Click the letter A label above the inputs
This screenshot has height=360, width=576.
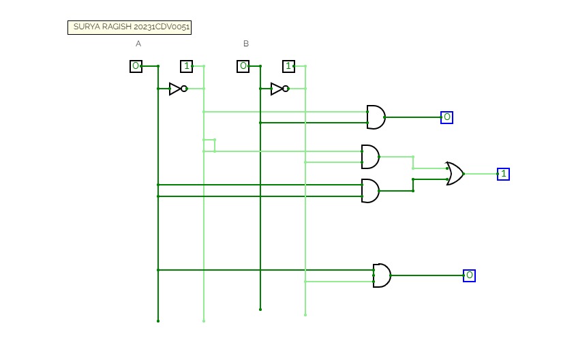tap(138, 44)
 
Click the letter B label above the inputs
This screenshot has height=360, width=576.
tap(246, 44)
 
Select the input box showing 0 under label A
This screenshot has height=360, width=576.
tap(136, 66)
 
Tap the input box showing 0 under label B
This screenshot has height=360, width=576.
tap(243, 66)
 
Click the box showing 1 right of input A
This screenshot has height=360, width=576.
tap(187, 66)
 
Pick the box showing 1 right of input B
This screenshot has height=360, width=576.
tap(289, 66)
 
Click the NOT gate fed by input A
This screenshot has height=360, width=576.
tap(177, 89)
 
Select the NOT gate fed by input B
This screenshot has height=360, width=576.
tap(279, 89)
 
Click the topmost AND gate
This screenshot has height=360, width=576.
tap(375, 117)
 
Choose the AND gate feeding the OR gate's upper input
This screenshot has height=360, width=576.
tap(369, 157)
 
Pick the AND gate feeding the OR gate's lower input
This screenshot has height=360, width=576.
tap(369, 191)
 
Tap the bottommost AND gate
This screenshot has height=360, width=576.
tap(381, 275)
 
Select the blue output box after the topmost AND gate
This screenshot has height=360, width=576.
tap(446, 117)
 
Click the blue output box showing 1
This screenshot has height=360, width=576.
tap(503, 174)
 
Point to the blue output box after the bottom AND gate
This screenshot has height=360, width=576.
tap(469, 275)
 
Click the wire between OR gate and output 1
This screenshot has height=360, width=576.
tap(481, 174)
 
